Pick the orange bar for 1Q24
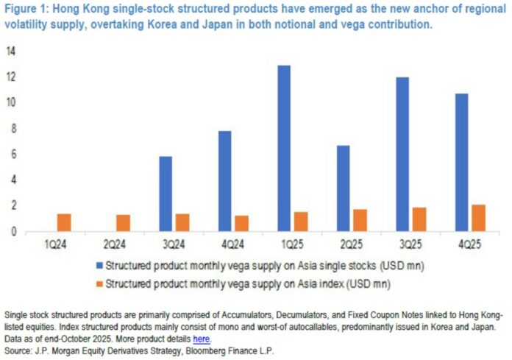click(x=64, y=222)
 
